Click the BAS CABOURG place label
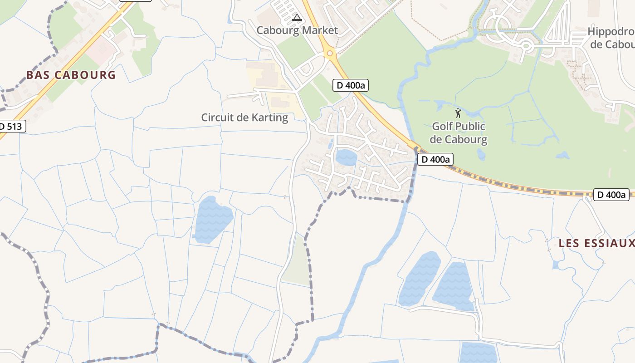(x=71, y=75)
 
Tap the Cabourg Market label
(x=297, y=30)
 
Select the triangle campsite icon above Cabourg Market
(x=297, y=18)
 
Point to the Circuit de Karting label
(x=244, y=118)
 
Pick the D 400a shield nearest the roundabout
(x=351, y=85)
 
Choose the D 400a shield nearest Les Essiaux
(x=611, y=195)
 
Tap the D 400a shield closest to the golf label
(x=435, y=159)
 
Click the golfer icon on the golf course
(x=458, y=113)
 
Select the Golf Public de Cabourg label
(x=458, y=133)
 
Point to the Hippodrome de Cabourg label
(x=612, y=38)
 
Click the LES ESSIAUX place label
(x=596, y=243)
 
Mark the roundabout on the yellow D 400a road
(x=330, y=54)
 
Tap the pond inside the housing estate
(x=346, y=157)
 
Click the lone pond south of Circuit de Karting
(x=212, y=219)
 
